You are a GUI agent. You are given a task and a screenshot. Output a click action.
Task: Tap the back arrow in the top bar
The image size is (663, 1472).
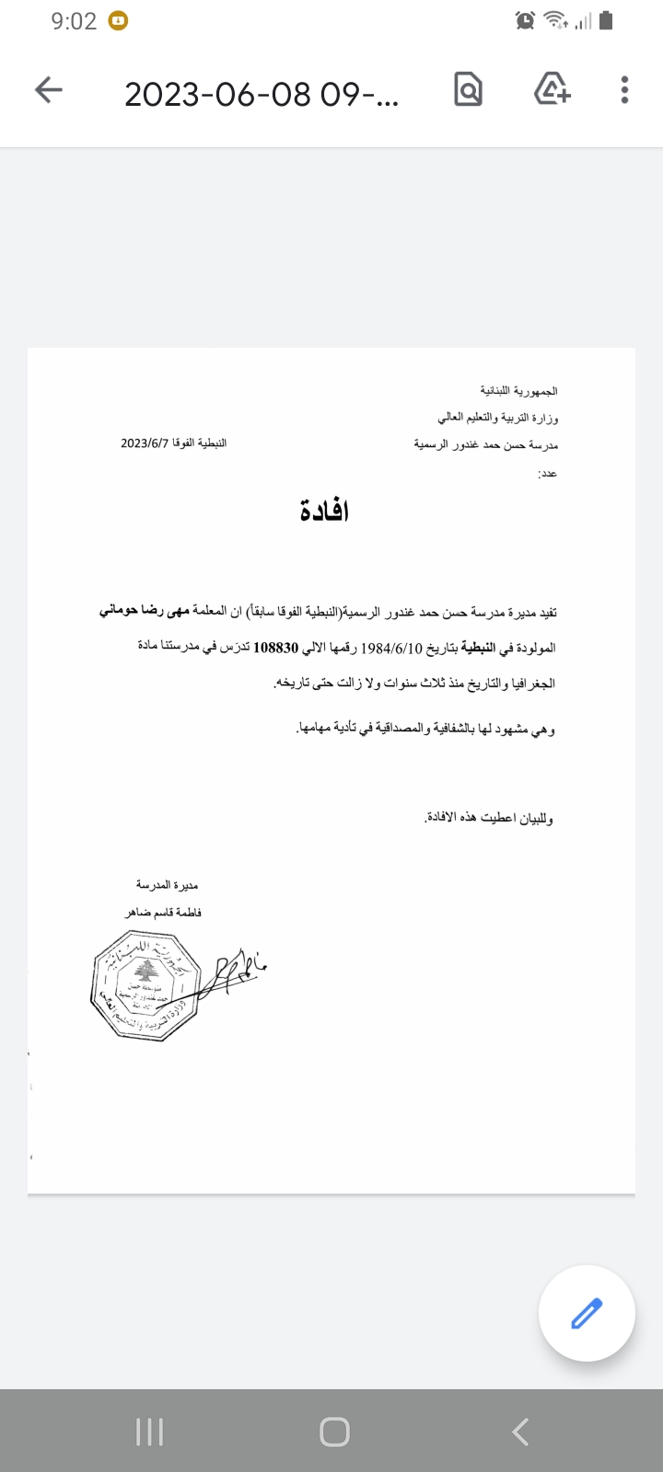pos(49,89)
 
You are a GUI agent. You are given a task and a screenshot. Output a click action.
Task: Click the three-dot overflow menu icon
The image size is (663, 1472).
pos(624,89)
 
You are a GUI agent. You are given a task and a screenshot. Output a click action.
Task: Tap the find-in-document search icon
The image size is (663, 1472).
pos(468,89)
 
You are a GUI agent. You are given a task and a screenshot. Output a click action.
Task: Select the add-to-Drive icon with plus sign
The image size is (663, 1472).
pos(552,89)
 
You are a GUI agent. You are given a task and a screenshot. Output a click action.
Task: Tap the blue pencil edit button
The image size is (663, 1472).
pos(587,1313)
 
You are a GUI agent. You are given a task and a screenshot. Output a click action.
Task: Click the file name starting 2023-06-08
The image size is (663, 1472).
pos(262,94)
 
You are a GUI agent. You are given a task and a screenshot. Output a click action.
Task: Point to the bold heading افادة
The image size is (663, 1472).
pos(324,511)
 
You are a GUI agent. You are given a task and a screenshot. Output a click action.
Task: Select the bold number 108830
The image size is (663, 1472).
pos(276,648)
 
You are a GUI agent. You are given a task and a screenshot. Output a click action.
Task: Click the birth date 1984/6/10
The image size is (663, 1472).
pos(391,648)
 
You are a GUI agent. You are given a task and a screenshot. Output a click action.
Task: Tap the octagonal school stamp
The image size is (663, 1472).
pos(145,984)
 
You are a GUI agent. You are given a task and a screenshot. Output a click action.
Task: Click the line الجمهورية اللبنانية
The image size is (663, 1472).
pos(518,391)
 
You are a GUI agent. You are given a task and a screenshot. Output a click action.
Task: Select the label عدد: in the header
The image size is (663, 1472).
pos(547,473)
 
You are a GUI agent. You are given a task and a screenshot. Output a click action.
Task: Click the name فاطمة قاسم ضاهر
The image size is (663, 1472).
pos(163,913)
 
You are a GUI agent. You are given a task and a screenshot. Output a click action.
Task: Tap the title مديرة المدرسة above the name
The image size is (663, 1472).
pos(167,885)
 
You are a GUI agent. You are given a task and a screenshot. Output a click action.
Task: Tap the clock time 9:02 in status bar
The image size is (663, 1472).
pos(74,21)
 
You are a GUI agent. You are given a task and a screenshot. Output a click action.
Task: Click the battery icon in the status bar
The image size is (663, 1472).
pos(606,20)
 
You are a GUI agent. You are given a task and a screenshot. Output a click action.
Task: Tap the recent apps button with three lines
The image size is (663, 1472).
pos(149,1432)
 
